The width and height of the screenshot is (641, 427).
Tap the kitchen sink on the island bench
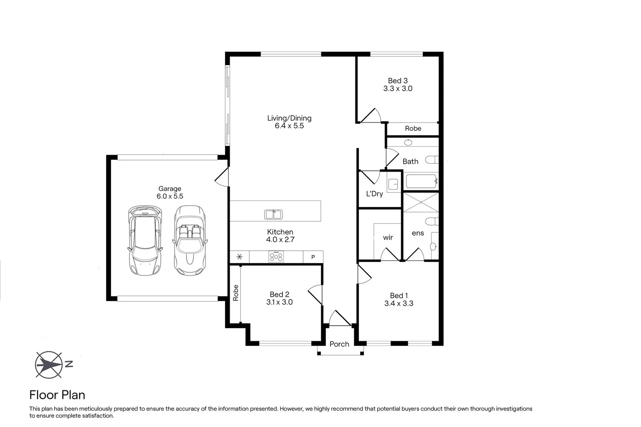(273, 214)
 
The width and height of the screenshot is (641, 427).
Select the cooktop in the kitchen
(276, 257)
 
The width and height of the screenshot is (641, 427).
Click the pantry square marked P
(313, 257)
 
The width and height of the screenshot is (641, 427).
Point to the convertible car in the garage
(190, 240)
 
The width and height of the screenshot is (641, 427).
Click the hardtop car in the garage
(145, 240)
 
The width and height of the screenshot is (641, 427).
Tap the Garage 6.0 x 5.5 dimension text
(170, 196)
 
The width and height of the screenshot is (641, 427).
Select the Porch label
(339, 344)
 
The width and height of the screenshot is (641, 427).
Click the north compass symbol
(49, 365)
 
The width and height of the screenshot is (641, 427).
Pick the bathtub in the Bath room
(421, 181)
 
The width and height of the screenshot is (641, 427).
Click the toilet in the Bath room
(432, 160)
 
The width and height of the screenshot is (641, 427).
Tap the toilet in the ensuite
(432, 221)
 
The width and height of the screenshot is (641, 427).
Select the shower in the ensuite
(421, 202)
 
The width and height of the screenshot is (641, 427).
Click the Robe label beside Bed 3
(413, 128)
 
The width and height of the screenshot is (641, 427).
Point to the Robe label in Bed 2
(235, 293)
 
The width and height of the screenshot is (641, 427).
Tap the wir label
(388, 237)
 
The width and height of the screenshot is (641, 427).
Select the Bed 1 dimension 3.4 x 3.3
(398, 304)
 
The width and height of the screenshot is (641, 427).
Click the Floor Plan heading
(57, 395)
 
